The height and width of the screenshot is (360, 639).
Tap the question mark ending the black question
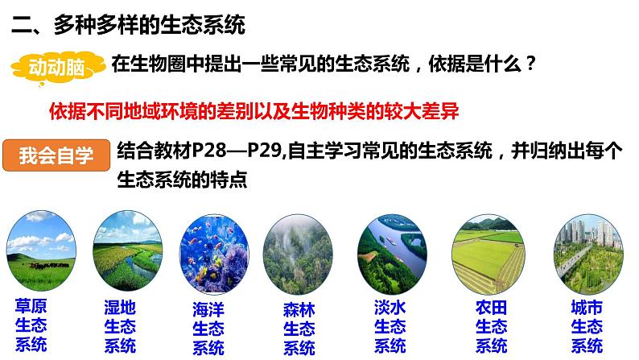tap(529, 64)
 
